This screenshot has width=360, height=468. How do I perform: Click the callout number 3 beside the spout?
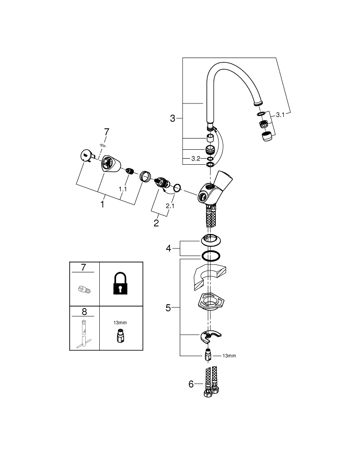coord(172,119)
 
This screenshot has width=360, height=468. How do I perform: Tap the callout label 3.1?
coord(280,115)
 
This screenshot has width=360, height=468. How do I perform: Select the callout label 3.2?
coord(196,159)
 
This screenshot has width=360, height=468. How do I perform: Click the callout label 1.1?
coord(123,189)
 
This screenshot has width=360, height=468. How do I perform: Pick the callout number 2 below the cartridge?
coord(156,223)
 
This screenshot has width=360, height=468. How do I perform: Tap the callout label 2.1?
coord(170,205)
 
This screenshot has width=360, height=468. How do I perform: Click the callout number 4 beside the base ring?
coord(169,249)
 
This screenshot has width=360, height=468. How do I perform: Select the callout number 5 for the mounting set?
coord(169,308)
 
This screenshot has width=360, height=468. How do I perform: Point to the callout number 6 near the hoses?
coord(191,384)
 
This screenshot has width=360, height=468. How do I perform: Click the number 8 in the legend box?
coord(84,311)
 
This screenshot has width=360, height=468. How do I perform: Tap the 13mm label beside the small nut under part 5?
coord(229,356)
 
